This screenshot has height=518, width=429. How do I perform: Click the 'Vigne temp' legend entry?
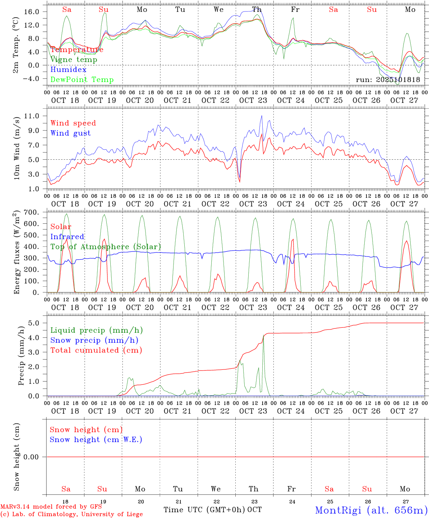coord(74,60)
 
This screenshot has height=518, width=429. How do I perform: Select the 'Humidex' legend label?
coord(69,70)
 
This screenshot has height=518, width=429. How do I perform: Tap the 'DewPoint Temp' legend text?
coord(82,80)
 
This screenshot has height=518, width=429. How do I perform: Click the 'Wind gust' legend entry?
coord(71,133)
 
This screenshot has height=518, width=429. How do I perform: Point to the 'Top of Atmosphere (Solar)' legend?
coord(106,247)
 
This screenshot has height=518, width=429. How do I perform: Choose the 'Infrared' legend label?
coord(67,237)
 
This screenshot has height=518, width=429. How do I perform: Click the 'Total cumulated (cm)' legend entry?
coord(96,350)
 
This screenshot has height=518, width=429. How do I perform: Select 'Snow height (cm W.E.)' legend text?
coord(96,440)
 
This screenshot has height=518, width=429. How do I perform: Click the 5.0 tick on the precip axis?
coord(36,323)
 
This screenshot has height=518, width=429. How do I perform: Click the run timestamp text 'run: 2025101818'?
coord(388,80)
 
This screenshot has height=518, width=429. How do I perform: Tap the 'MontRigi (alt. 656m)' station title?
coord(372,510)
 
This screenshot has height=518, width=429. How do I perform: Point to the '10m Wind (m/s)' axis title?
coord(17,147)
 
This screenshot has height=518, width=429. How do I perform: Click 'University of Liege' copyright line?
coord(71,514)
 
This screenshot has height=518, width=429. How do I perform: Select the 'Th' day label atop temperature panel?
coord(257,10)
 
